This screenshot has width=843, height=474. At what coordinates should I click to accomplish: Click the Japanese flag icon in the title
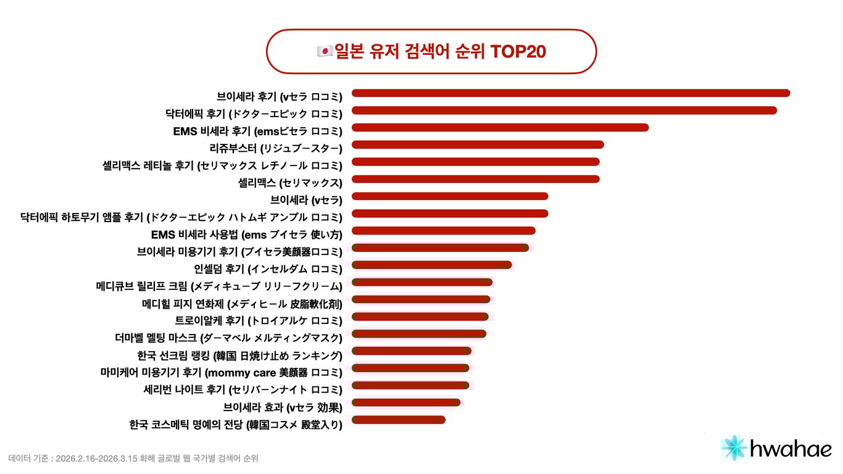tap(325, 52)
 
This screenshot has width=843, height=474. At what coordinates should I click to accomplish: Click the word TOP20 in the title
tap(518, 52)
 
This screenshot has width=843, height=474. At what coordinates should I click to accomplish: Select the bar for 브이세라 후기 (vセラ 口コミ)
tap(571, 93)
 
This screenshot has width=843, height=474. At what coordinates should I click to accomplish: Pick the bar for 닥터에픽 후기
tap(564, 110)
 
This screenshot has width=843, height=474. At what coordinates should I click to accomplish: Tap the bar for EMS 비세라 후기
tap(500, 128)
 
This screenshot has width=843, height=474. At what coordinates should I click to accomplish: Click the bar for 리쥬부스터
tap(478, 144)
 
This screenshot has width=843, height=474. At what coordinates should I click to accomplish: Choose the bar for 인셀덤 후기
tap(432, 265)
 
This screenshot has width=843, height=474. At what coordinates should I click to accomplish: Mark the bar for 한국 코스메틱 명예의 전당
tap(399, 420)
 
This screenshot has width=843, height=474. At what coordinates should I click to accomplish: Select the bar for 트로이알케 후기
tap(420, 317)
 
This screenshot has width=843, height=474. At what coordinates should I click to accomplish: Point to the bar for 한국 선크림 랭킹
tap(412, 351)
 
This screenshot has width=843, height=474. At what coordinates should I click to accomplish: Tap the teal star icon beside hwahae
tap(734, 448)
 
